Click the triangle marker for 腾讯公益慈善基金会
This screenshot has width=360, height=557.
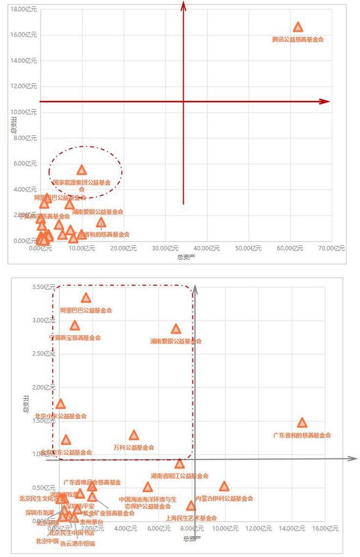pyautogui.click(x=298, y=27)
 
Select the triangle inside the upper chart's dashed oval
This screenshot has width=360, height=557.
pyautogui.click(x=82, y=170)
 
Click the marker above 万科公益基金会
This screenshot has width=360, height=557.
pyautogui.click(x=134, y=435)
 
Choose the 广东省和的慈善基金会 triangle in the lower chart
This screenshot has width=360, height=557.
pyautogui.click(x=302, y=423)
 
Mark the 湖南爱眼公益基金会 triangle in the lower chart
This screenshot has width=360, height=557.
pyautogui.click(x=176, y=329)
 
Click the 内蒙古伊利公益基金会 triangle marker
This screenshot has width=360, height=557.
pyautogui.click(x=224, y=487)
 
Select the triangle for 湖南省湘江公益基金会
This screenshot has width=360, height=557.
pyautogui.click(x=179, y=464)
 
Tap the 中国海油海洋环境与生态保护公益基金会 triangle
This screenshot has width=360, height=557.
pyautogui.click(x=148, y=487)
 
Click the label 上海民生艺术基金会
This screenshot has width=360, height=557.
pyautogui.click(x=191, y=518)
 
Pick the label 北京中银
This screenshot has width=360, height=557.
pyautogui.click(x=47, y=541)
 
